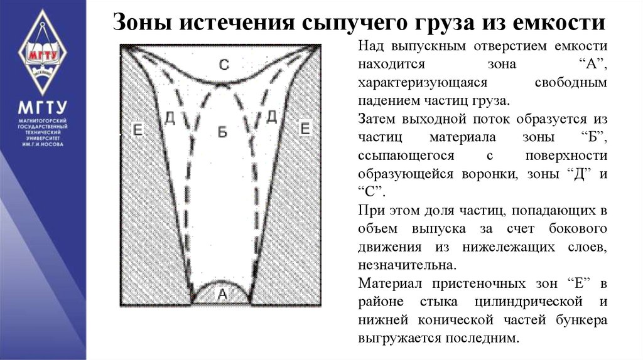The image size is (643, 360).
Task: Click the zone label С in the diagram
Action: click(224, 64)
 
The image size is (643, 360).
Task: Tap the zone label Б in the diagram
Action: click(222, 131)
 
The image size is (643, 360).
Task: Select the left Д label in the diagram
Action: click(169, 117)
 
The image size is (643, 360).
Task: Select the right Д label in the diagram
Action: click(271, 116)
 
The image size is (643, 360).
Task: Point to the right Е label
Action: click(305, 129)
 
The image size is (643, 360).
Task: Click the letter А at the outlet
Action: click(222, 294)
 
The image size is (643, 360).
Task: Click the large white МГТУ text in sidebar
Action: click(42, 107)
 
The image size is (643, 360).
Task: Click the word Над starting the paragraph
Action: click(370, 46)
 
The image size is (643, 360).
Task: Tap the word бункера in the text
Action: click(581, 320)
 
